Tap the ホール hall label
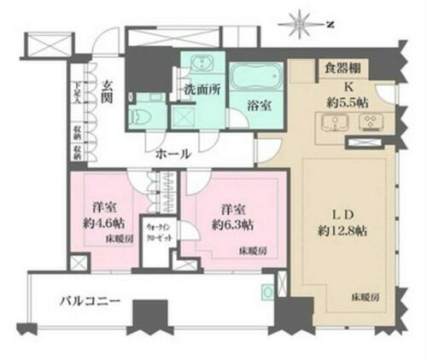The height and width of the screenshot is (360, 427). [x=174, y=154]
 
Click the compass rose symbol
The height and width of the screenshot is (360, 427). [x=301, y=18]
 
